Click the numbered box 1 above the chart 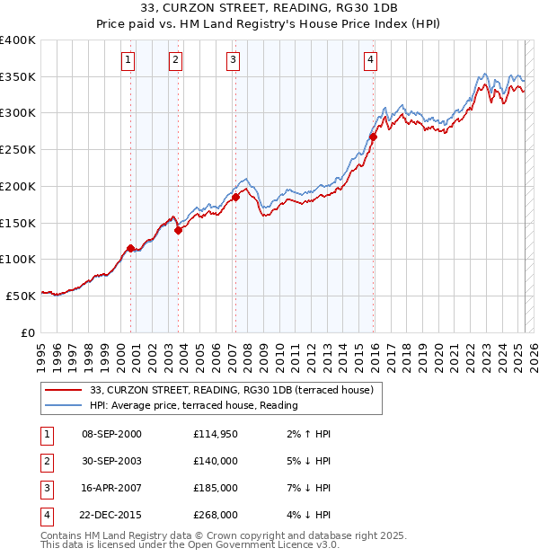(128, 60)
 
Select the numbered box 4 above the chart (370, 60)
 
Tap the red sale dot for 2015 (374, 137)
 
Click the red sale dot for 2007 (235, 197)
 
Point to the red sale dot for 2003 (179, 230)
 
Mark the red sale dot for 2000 (130, 248)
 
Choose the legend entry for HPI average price (193, 405)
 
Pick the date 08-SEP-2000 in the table (111, 434)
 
